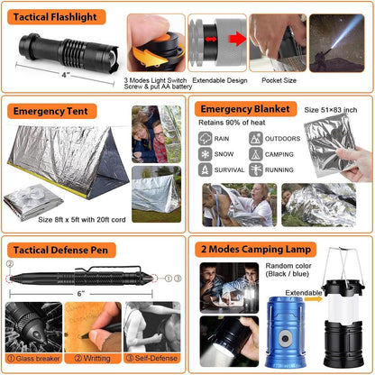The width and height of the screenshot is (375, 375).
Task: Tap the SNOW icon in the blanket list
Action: [206, 153]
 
